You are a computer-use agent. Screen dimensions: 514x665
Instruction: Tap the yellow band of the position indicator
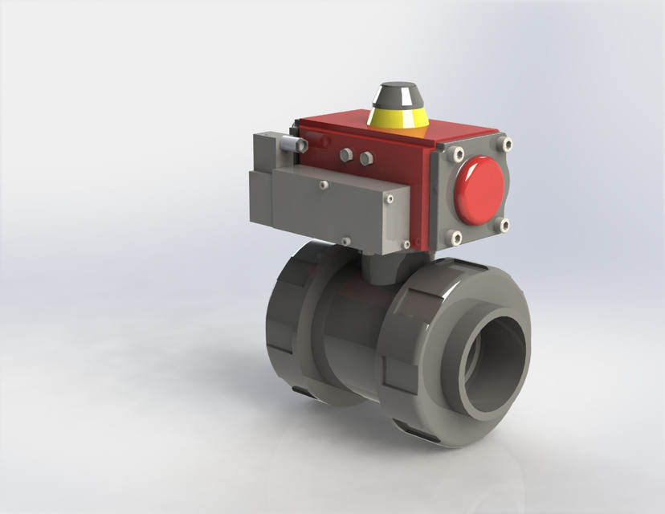(x=398, y=118)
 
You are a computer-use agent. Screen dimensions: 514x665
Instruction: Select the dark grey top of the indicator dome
(x=398, y=92)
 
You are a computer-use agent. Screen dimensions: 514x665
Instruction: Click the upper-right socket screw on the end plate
(x=505, y=145)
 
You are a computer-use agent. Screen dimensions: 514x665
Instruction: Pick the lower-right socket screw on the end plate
(x=504, y=226)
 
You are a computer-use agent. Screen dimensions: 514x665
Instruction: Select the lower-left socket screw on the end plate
(x=456, y=238)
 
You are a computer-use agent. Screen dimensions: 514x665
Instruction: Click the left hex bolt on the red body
(x=346, y=155)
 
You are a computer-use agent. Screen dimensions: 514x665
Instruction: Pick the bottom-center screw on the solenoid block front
(x=346, y=239)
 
